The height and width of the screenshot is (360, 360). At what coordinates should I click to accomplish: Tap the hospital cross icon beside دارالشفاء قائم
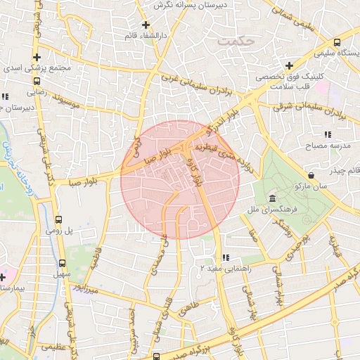coord(146,26)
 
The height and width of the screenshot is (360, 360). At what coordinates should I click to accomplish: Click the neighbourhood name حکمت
coord(235,42)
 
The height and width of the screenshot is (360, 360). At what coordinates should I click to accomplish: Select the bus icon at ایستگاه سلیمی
coord(336,42)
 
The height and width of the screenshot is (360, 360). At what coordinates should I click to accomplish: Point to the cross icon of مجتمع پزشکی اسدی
coord(37,58)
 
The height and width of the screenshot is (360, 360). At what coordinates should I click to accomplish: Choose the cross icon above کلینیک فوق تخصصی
coord(289,65)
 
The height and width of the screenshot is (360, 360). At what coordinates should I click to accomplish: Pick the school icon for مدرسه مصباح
coord(327,134)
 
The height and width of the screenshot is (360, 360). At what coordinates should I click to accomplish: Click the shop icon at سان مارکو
coord(311,174)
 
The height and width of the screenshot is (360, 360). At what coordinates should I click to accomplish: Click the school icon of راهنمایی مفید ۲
coord(226,257)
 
